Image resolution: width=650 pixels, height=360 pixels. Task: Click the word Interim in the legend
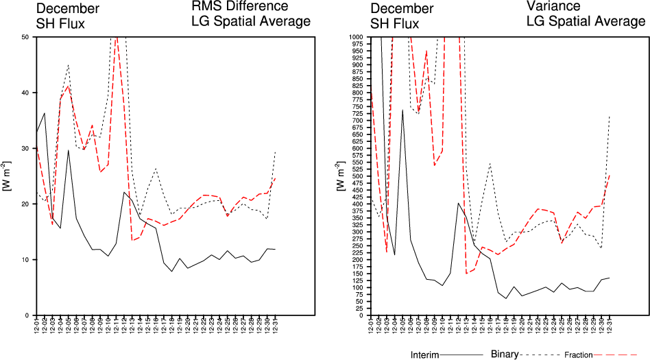[x=424, y=355]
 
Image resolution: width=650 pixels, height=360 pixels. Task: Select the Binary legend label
[x=505, y=355]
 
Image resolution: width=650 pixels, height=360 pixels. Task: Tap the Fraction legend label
[x=579, y=355]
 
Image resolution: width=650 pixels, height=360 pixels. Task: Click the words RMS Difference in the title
[x=239, y=7]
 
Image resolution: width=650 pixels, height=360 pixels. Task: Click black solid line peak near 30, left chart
[x=68, y=149]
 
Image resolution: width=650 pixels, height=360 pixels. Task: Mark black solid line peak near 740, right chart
[x=402, y=110]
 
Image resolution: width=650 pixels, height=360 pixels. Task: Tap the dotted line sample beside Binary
[x=541, y=355]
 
